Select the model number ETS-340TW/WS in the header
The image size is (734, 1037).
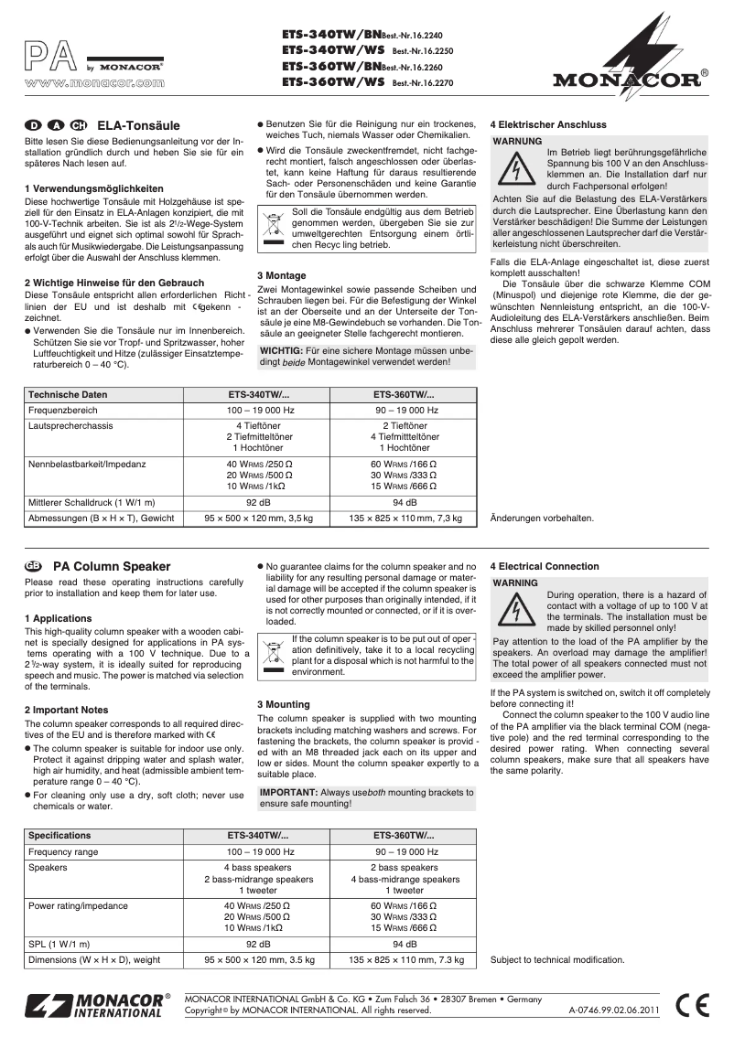coord(332,50)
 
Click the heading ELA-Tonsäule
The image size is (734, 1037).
coord(138,125)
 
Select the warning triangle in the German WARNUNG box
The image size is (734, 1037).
coord(517,170)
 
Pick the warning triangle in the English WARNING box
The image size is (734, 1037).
coord(517,609)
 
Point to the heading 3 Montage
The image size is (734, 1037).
coord(281,275)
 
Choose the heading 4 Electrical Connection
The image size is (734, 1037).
coord(545,566)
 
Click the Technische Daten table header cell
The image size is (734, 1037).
coord(68,394)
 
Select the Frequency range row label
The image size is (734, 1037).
coord(63,851)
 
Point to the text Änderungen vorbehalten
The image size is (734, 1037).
coord(543,518)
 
